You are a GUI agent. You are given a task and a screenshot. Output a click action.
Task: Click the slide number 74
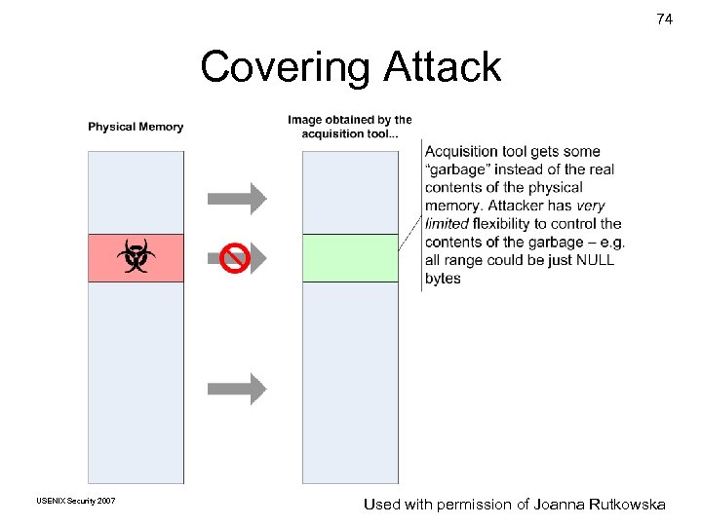click(664, 19)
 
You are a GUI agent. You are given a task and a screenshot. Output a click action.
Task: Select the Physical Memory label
click(136, 127)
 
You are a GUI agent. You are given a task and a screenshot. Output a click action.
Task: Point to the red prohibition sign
click(234, 258)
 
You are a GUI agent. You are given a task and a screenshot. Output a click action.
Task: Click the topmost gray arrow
click(237, 199)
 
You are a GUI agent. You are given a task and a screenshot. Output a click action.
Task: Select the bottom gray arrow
click(237, 389)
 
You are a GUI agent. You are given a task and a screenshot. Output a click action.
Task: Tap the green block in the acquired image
click(350, 258)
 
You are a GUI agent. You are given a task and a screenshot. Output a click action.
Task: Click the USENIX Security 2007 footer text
click(75, 501)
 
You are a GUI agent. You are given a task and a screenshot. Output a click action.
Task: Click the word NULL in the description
click(595, 260)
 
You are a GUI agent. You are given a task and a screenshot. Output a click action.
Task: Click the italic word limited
click(447, 224)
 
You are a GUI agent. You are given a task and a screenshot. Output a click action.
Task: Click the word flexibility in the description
click(509, 224)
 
